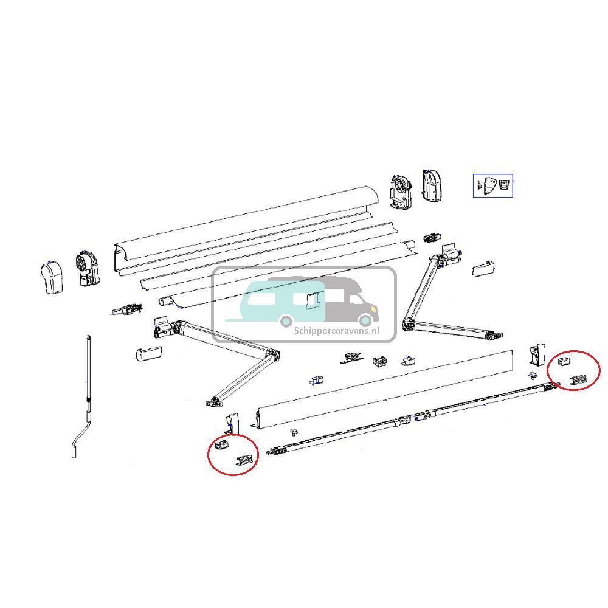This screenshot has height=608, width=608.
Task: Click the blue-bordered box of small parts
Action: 493,185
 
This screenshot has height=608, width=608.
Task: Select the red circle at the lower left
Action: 233,455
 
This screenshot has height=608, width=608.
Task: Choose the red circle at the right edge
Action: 574,370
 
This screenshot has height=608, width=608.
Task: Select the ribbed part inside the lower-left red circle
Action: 244,462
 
